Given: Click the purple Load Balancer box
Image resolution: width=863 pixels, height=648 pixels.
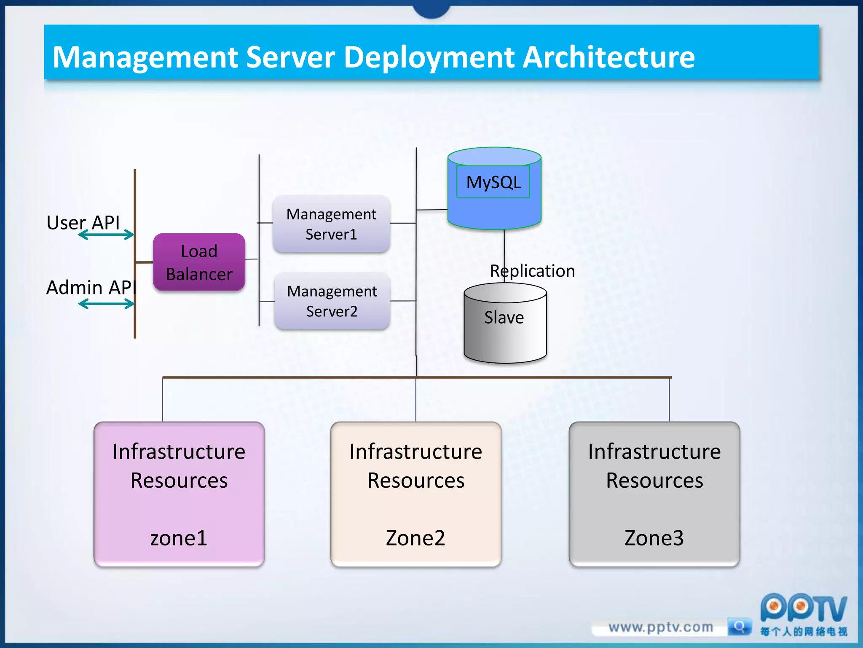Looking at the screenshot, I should (x=199, y=262).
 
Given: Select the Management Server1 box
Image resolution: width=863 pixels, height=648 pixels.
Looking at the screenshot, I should (x=331, y=224).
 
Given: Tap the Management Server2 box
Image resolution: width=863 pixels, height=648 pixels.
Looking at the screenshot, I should (x=332, y=301).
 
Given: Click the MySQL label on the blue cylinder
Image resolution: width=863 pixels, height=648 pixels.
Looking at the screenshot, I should (x=493, y=182).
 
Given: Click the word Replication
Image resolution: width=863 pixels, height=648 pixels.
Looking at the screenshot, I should (x=533, y=271).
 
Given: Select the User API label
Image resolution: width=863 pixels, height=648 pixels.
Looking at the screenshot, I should (x=83, y=222).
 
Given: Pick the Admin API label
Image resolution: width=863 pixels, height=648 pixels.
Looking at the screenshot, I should (x=91, y=287).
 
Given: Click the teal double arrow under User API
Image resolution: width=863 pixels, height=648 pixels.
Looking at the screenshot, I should (x=106, y=235).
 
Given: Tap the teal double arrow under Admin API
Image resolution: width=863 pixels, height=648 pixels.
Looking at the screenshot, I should (x=106, y=304).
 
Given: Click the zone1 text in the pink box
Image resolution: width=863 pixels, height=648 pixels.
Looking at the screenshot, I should (x=179, y=538).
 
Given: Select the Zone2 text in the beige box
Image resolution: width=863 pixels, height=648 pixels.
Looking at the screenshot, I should (x=415, y=538).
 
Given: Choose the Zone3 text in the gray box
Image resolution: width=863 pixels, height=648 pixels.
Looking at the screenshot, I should (x=654, y=538).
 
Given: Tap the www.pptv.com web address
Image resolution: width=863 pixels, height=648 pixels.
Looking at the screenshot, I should (x=661, y=627).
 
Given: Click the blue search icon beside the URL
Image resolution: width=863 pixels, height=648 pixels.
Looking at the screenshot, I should (x=740, y=626).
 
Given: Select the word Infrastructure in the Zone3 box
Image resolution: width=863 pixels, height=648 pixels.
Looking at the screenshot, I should (x=654, y=452).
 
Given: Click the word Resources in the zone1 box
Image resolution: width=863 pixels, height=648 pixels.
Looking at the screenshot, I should (x=179, y=481).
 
